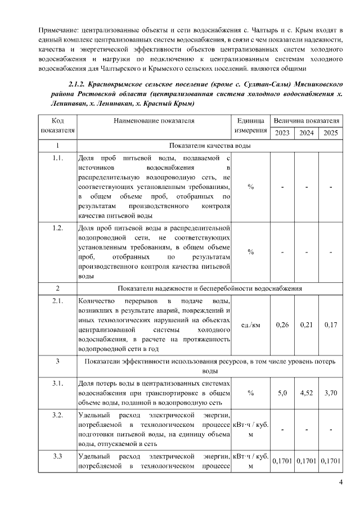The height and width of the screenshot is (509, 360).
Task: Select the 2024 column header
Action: pyautogui.click(x=307, y=133)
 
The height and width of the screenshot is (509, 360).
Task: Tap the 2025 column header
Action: pyautogui.click(x=331, y=133)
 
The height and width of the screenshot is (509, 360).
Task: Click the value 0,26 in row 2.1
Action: pyautogui.click(x=282, y=325)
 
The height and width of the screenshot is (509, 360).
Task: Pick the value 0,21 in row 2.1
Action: pyautogui.click(x=307, y=325)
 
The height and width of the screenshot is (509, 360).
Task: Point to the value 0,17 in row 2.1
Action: pyautogui.click(x=331, y=325)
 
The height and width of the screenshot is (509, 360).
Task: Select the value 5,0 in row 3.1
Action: pyautogui.click(x=282, y=393)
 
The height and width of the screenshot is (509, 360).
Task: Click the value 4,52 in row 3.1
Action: pyautogui.click(x=307, y=393)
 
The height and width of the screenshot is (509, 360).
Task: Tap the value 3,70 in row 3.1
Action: pyautogui.click(x=331, y=393)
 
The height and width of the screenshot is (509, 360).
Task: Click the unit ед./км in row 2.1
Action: pyautogui.click(x=250, y=325)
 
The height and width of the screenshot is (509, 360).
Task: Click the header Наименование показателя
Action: pyautogui.click(x=154, y=120)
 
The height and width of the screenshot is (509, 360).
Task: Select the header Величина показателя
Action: pyautogui.click(x=307, y=120)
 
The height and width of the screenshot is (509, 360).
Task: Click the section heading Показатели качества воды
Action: pyautogui.click(x=209, y=146)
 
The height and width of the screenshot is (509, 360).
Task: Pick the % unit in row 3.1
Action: pyautogui.click(x=250, y=393)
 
